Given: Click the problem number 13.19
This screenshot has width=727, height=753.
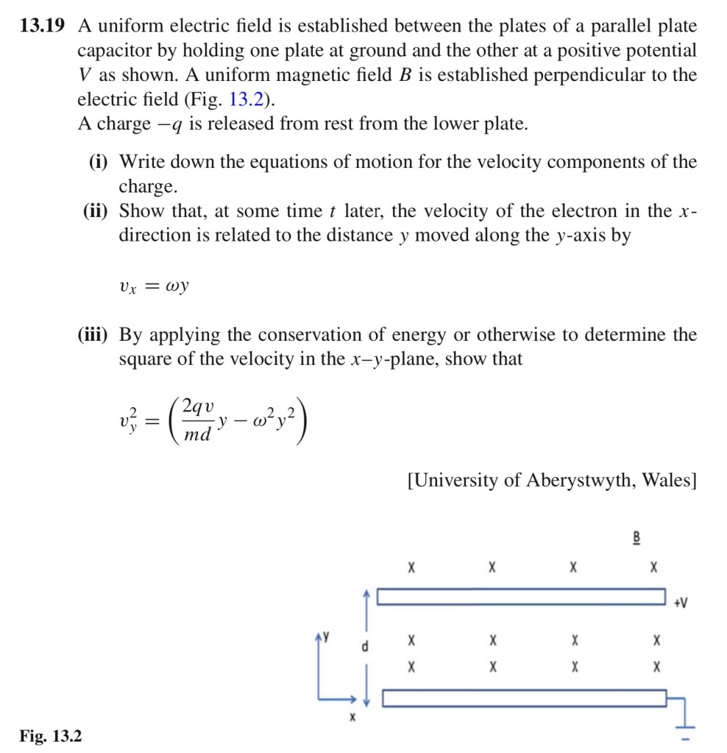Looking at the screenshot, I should [42, 27].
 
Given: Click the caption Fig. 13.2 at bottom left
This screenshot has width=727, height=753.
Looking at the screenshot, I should [51, 735].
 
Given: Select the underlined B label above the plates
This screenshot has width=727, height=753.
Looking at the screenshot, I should [636, 538].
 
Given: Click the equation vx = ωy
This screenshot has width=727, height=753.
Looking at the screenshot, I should [154, 285].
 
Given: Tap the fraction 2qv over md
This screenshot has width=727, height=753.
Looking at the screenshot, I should [198, 420].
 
